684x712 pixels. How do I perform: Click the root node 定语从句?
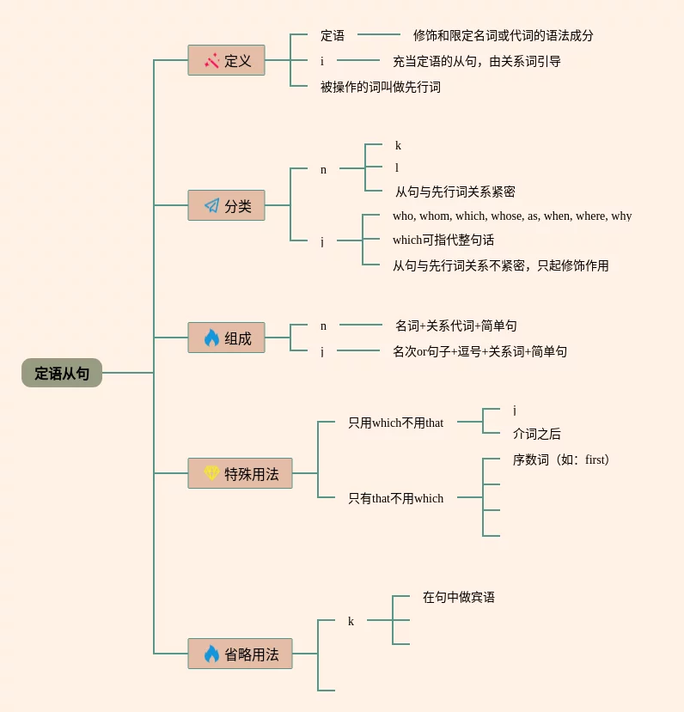coord(62,373)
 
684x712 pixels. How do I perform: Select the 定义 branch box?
coord(226,60)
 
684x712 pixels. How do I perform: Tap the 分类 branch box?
coord(226,205)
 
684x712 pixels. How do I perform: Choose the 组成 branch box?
coord(226,338)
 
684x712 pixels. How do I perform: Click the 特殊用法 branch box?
coord(240,473)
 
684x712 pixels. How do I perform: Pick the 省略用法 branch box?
coord(240,654)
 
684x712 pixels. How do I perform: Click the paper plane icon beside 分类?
coord(211,206)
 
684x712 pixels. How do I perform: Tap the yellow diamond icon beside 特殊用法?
coord(211,473)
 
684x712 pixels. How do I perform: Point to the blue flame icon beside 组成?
coord(211,338)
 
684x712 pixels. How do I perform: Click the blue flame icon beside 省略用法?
coord(211,654)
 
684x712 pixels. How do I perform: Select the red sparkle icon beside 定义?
coord(211,60)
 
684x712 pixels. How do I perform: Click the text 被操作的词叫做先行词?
coord(381,87)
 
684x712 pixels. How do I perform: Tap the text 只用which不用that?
coord(395,423)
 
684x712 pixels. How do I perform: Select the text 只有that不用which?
coord(395,498)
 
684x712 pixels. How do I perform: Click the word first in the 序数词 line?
coord(595,459)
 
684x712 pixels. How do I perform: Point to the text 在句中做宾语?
coord(459,597)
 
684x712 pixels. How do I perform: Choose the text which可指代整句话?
coord(443,240)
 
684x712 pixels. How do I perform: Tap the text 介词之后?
coord(537,434)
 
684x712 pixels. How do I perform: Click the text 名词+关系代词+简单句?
coord(456,326)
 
